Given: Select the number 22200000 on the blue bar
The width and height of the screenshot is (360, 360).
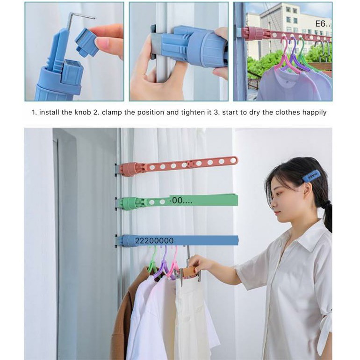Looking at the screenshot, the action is pos(154,241).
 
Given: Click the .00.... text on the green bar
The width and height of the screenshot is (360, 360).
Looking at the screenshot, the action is pos(181,201).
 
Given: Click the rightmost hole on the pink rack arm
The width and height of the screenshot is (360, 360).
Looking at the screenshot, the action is pos(233,160).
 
